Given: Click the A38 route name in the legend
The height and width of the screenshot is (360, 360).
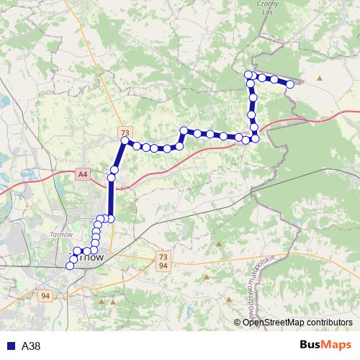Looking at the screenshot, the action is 31,346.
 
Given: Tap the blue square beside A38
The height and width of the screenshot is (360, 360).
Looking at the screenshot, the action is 10,346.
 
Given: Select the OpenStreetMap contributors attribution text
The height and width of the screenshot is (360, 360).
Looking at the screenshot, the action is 297,323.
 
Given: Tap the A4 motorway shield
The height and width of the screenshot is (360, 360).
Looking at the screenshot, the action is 84,174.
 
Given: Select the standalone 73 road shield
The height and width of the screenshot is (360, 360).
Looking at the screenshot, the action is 125,133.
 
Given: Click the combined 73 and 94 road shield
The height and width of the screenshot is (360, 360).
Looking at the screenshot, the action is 163,261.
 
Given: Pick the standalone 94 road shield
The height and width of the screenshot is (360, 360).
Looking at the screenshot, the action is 46,296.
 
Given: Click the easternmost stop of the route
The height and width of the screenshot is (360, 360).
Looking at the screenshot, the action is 290,84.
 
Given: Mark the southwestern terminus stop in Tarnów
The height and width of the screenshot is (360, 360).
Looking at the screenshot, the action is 70,266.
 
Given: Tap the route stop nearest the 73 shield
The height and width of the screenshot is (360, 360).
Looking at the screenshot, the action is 125,142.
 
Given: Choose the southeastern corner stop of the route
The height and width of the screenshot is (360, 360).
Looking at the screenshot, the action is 255,138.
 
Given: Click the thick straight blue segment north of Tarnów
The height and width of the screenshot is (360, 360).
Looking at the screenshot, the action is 111,198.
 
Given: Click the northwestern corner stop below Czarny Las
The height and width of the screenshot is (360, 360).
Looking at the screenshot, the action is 248,75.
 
